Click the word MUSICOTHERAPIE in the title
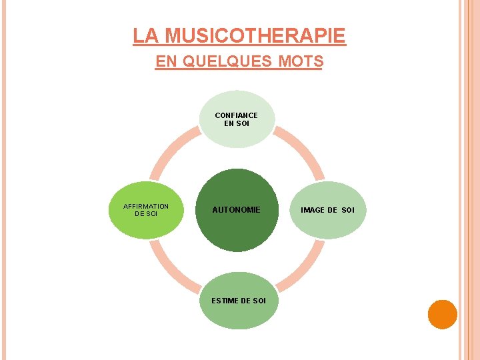(255, 35)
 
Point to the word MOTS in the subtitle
(301, 62)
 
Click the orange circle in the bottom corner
(442, 315)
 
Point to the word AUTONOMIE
(236, 210)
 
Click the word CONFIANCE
(236, 115)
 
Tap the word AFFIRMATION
(146, 206)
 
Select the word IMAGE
(313, 210)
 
